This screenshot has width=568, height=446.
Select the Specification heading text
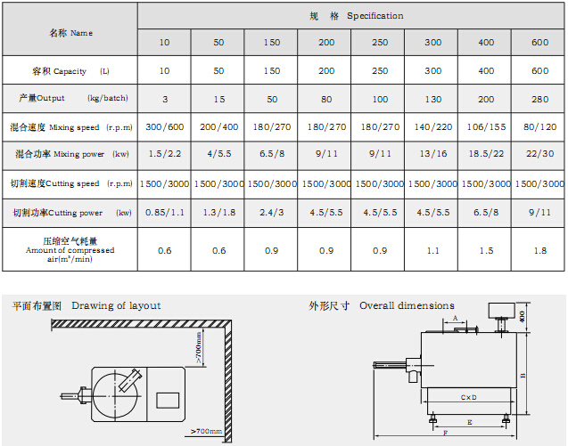coord(375,16)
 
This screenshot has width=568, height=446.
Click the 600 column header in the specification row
coord(539,43)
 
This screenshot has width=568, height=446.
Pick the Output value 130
coord(432,99)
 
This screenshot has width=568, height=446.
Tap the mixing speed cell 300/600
coord(164,127)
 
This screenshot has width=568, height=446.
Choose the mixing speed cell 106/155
coord(486,127)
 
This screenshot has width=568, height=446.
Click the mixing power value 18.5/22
coord(486,154)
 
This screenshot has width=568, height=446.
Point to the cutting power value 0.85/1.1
coord(164,213)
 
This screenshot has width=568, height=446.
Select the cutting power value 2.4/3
coord(271,213)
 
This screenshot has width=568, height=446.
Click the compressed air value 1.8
coord(539,251)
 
